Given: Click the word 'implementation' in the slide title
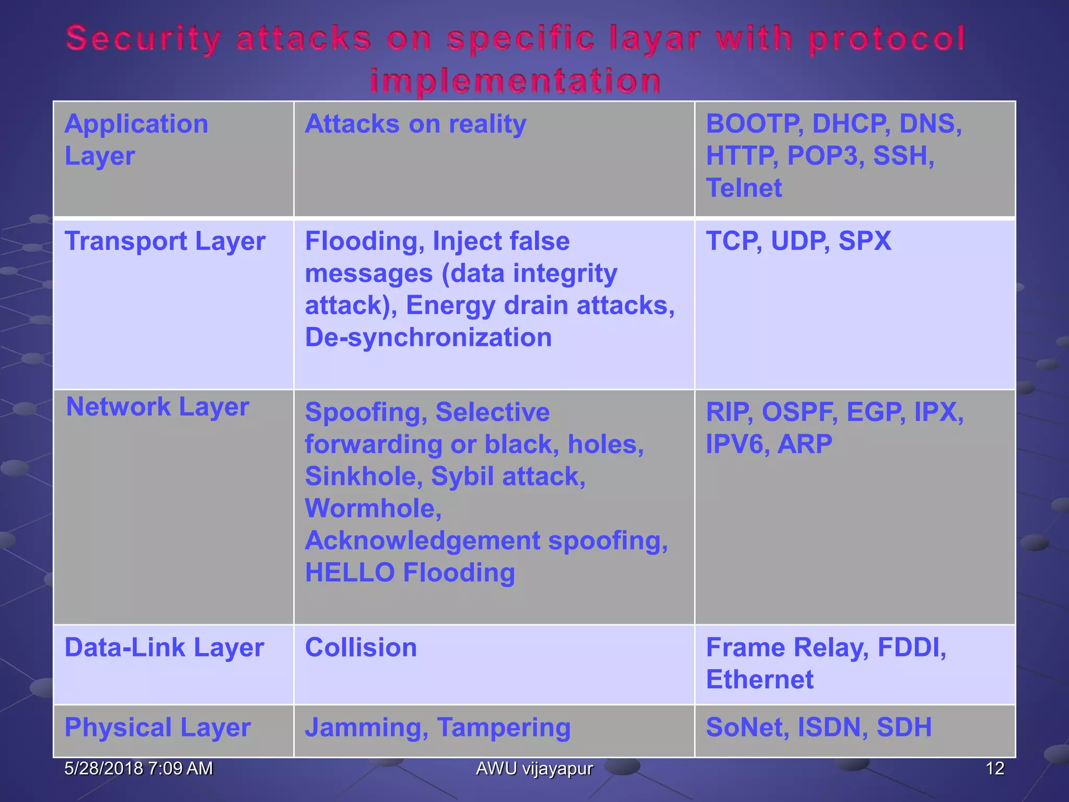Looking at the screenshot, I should click(x=516, y=81).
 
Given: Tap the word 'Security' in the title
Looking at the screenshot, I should click(x=144, y=40).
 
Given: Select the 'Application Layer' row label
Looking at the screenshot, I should click(x=136, y=140).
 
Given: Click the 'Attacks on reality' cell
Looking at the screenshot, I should click(x=415, y=124).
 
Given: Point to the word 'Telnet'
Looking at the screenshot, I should click(x=744, y=188).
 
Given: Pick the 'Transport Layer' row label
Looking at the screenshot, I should click(x=165, y=241).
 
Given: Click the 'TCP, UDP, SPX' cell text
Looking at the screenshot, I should click(x=798, y=241).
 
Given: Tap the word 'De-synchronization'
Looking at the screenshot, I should click(x=428, y=337).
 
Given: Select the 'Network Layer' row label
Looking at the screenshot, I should click(x=158, y=407).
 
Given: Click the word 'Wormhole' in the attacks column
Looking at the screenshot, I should click(x=373, y=508).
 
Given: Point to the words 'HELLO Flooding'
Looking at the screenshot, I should click(x=410, y=572).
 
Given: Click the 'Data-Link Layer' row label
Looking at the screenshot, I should click(x=164, y=647).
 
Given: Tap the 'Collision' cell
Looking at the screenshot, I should click(x=361, y=647).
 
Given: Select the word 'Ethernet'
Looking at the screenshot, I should click(x=759, y=679).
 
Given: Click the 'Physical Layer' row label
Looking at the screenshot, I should click(x=158, y=727).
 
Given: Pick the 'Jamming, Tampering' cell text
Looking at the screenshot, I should click(x=437, y=727).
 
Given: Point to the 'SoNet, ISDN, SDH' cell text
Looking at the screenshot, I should click(x=818, y=727).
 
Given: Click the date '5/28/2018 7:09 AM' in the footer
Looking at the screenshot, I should click(x=138, y=768).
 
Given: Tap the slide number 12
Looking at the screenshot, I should click(x=995, y=768).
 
